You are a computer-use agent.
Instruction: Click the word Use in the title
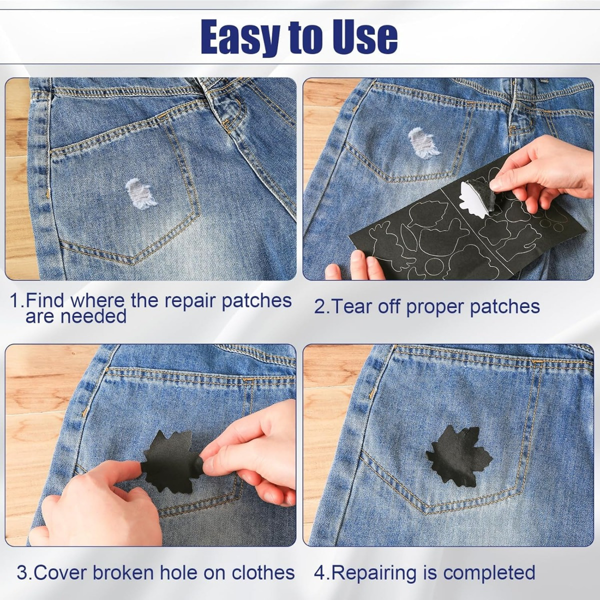[364, 37]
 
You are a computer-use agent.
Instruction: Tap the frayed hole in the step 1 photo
[140, 193]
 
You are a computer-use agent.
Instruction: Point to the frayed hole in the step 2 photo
[422, 142]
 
